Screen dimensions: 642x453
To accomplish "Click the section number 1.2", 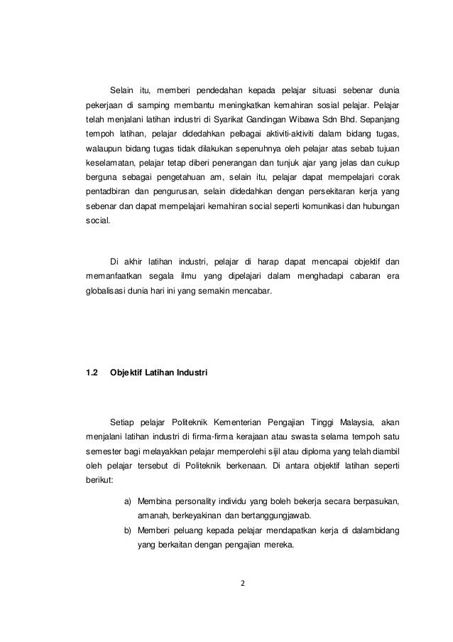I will tap(90, 373).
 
